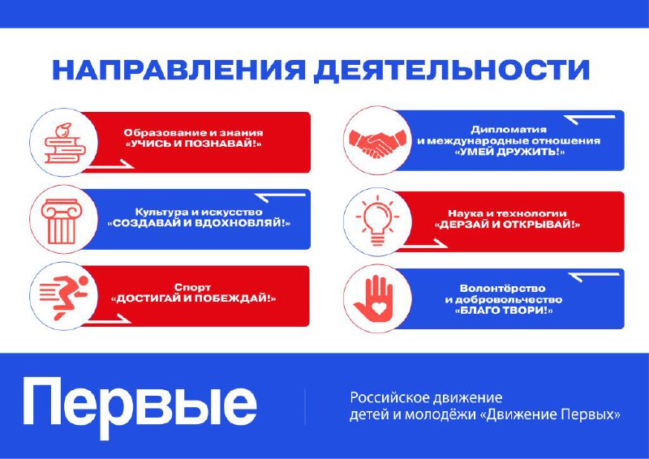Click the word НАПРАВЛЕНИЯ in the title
pos(178,71)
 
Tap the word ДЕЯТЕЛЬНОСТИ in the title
pos(451,71)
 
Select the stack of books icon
pos(65,143)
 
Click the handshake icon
pos(377,143)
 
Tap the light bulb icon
pos(377,221)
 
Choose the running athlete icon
pos(64,296)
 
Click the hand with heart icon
pos(374,297)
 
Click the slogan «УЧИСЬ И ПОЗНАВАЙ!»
pos(194,144)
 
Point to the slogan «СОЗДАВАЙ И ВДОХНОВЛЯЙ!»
pos(199,224)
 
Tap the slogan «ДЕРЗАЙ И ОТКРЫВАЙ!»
pos(508,225)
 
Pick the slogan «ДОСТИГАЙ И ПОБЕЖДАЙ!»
pos(194,298)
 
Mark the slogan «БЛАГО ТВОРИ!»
pos(504,311)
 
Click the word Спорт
pos(192,287)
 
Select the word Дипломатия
pos(509,130)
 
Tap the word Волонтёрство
pos(502,289)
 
